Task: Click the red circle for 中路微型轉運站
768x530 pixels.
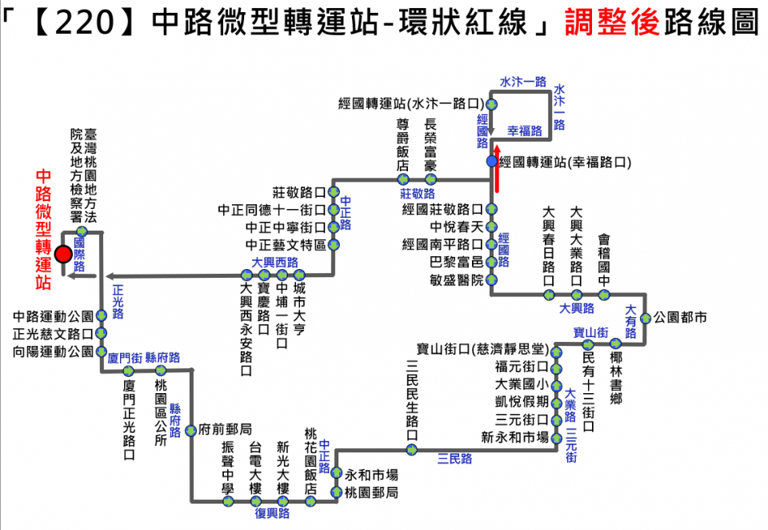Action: click(63, 254)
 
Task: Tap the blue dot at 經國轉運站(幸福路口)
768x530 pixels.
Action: click(491, 161)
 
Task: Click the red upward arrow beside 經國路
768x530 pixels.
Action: click(498, 169)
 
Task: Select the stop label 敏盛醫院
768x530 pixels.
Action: click(456, 279)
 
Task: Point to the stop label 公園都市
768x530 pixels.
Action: click(681, 318)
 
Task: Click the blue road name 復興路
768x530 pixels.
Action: click(273, 514)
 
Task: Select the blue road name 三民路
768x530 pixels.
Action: click(454, 460)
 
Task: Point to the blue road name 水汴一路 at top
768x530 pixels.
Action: click(523, 82)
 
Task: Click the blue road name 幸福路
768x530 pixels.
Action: click(525, 130)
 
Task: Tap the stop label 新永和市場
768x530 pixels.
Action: click(514, 437)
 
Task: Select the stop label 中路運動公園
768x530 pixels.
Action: click(54, 316)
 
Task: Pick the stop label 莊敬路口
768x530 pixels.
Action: click(298, 192)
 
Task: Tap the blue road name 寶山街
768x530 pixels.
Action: click(591, 331)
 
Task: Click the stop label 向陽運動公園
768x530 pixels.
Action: click(54, 351)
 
